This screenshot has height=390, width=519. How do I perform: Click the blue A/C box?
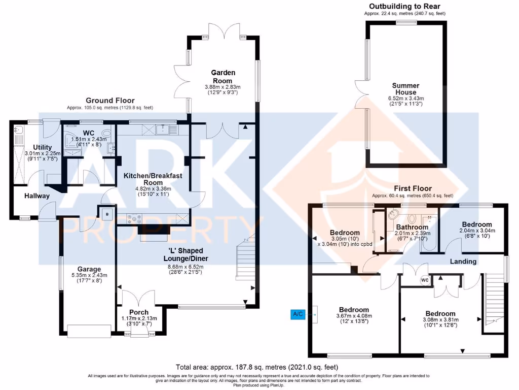click(x=298, y=314)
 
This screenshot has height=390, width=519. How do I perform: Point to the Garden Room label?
click(x=222, y=77)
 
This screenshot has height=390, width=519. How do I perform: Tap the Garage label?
click(x=89, y=269)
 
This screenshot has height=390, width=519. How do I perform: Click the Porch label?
click(x=139, y=312)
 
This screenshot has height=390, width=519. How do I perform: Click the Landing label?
click(x=463, y=262)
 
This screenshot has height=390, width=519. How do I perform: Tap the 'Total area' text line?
click(x=256, y=367)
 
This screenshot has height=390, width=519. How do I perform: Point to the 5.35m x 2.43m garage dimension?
click(x=89, y=277)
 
